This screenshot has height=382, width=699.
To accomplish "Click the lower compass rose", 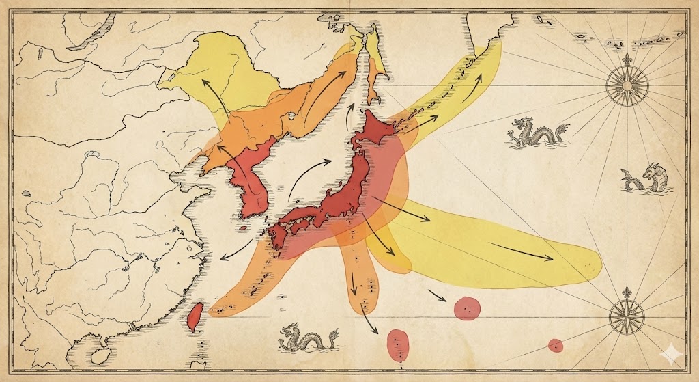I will (626, 315).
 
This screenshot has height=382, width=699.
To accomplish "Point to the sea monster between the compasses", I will (646, 178).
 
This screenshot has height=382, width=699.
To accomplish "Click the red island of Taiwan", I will (195, 315).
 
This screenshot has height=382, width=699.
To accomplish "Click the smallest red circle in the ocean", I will (556, 345).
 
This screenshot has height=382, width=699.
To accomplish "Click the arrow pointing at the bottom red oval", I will (371, 321).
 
